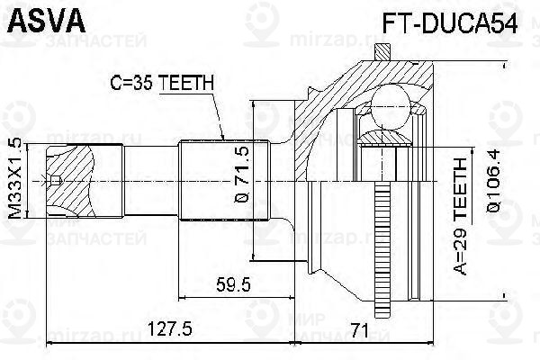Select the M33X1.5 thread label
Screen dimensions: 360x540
click(x=13, y=181)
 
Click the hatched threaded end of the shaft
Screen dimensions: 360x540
click(x=72, y=180)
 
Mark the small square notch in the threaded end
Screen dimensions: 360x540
click(x=56, y=181)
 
